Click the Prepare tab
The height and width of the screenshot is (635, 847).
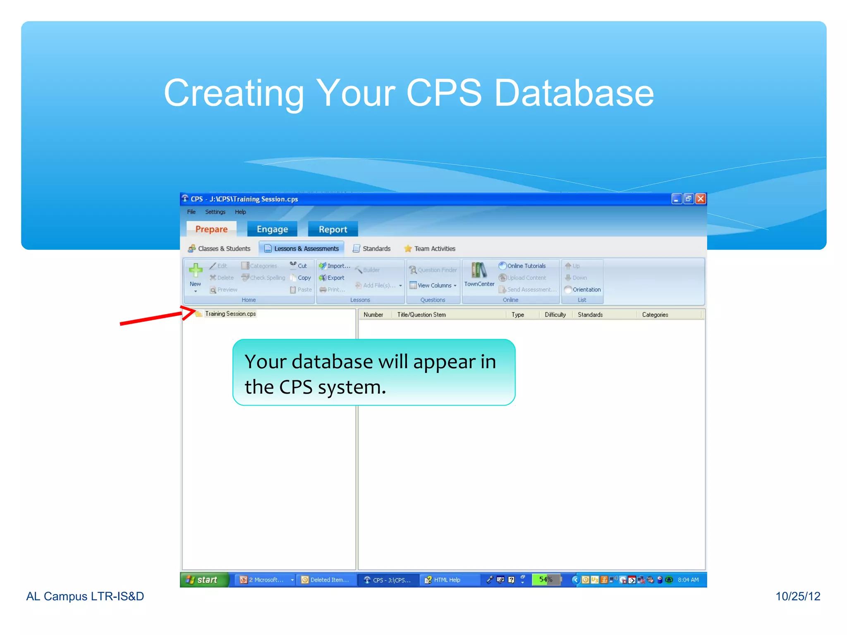pos(211,229)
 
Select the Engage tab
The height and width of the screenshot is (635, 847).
pos(272,229)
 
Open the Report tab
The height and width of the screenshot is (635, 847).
pos(333,229)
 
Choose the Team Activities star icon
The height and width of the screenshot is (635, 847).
pos(408,248)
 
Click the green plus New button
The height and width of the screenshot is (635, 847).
pos(195,271)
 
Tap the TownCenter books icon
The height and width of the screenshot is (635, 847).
pos(479,271)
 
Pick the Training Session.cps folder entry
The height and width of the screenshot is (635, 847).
pos(230,314)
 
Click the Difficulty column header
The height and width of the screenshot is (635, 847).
pos(555,315)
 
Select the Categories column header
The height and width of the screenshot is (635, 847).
pos(655,315)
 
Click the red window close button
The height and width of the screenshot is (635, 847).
pos(701,199)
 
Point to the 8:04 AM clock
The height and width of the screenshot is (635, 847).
pos(688,580)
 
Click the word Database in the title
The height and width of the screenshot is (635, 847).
pos(574,93)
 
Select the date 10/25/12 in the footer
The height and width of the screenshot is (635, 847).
pos(797,596)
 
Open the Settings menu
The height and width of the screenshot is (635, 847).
pos(215,212)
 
